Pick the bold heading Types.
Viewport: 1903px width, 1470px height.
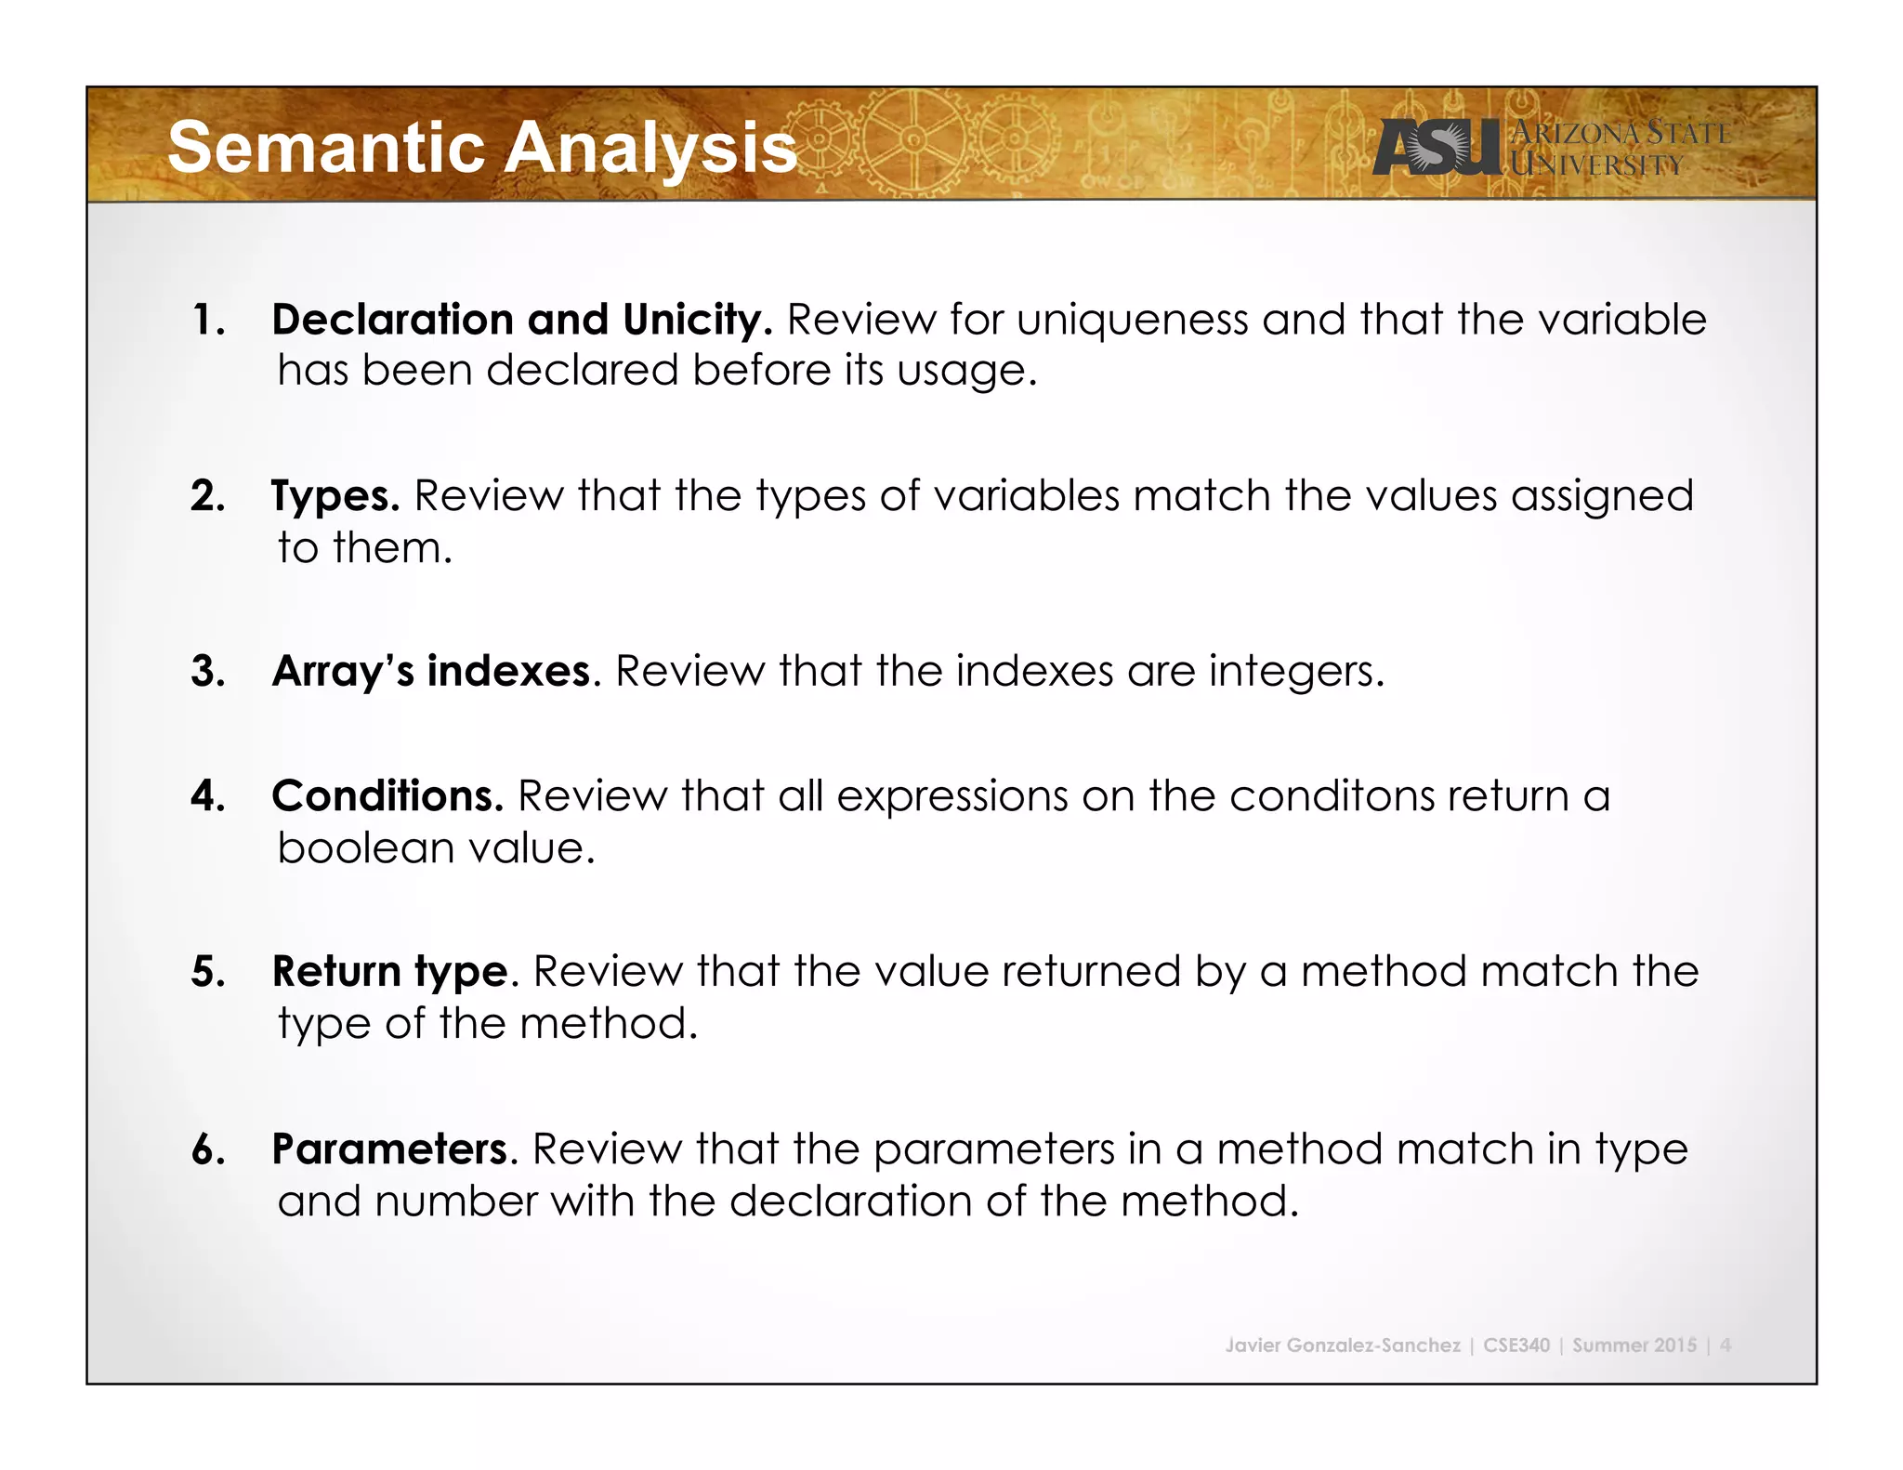(x=335, y=496)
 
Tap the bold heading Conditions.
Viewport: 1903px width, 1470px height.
(x=387, y=796)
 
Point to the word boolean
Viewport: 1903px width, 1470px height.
(x=365, y=848)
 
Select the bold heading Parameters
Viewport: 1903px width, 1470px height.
(x=391, y=1149)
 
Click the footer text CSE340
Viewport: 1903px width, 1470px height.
(x=1516, y=1345)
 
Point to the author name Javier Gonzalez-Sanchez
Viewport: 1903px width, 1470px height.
(x=1342, y=1345)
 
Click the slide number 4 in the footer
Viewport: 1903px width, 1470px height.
(x=1725, y=1345)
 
